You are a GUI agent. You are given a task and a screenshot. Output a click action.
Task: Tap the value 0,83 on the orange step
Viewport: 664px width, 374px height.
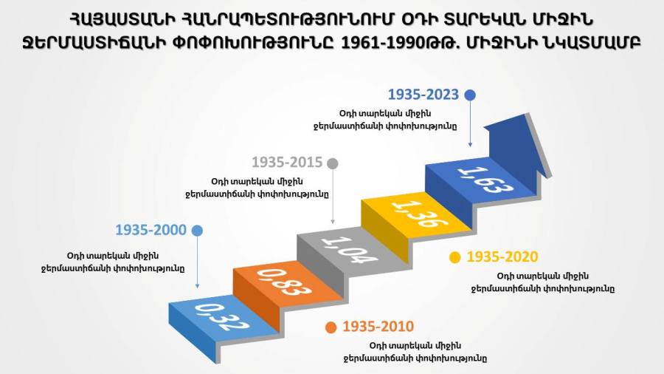(x=284, y=282)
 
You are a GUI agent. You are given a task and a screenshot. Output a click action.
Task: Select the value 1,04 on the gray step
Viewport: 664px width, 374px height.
(x=350, y=250)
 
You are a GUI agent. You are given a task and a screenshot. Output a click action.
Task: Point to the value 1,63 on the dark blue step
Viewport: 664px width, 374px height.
(x=485, y=180)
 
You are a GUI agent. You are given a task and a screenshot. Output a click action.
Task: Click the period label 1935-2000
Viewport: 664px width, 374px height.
(x=151, y=231)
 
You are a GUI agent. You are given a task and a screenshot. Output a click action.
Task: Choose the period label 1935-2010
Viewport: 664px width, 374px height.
(x=378, y=327)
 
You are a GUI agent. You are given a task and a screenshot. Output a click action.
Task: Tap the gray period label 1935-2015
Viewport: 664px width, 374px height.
(x=287, y=163)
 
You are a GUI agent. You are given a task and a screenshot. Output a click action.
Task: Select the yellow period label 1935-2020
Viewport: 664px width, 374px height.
(x=502, y=257)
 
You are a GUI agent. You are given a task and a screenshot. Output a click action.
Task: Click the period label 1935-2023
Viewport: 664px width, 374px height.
(x=423, y=95)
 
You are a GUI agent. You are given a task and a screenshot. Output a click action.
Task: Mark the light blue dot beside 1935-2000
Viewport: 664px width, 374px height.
(x=197, y=231)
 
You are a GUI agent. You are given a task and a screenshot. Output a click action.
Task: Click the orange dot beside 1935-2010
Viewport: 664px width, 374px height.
(x=331, y=327)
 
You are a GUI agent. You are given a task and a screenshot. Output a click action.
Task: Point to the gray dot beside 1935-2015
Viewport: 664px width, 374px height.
(x=333, y=163)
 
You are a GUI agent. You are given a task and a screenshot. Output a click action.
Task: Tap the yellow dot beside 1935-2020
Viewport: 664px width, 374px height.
(x=454, y=257)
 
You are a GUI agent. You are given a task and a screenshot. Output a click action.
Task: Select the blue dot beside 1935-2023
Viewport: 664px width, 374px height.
(x=470, y=95)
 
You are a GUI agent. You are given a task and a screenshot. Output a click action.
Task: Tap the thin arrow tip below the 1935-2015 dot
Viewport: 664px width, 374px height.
(x=333, y=222)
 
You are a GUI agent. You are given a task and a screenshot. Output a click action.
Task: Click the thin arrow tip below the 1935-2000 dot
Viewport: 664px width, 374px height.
(x=197, y=287)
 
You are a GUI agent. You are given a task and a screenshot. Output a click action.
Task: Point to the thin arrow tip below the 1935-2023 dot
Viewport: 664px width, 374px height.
(x=470, y=146)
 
